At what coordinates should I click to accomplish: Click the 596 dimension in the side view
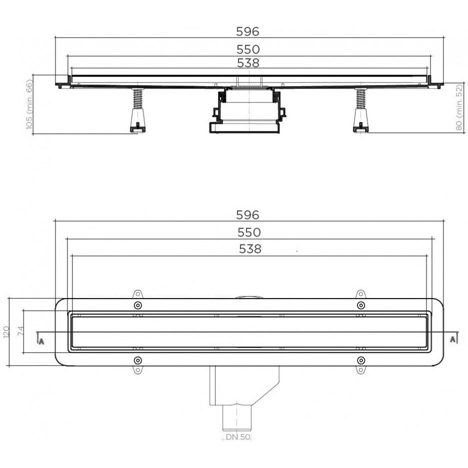[247, 31]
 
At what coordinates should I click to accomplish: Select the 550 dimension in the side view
[248, 49]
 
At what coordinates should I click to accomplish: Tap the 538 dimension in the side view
[248, 63]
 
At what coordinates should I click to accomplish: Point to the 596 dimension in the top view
[247, 214]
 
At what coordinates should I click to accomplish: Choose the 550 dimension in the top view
[249, 232]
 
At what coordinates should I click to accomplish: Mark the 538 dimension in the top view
[250, 248]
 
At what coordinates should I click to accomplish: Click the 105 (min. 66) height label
[29, 104]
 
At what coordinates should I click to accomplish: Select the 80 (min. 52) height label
[459, 107]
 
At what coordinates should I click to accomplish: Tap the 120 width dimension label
[6, 332]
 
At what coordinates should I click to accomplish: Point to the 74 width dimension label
[20, 331]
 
